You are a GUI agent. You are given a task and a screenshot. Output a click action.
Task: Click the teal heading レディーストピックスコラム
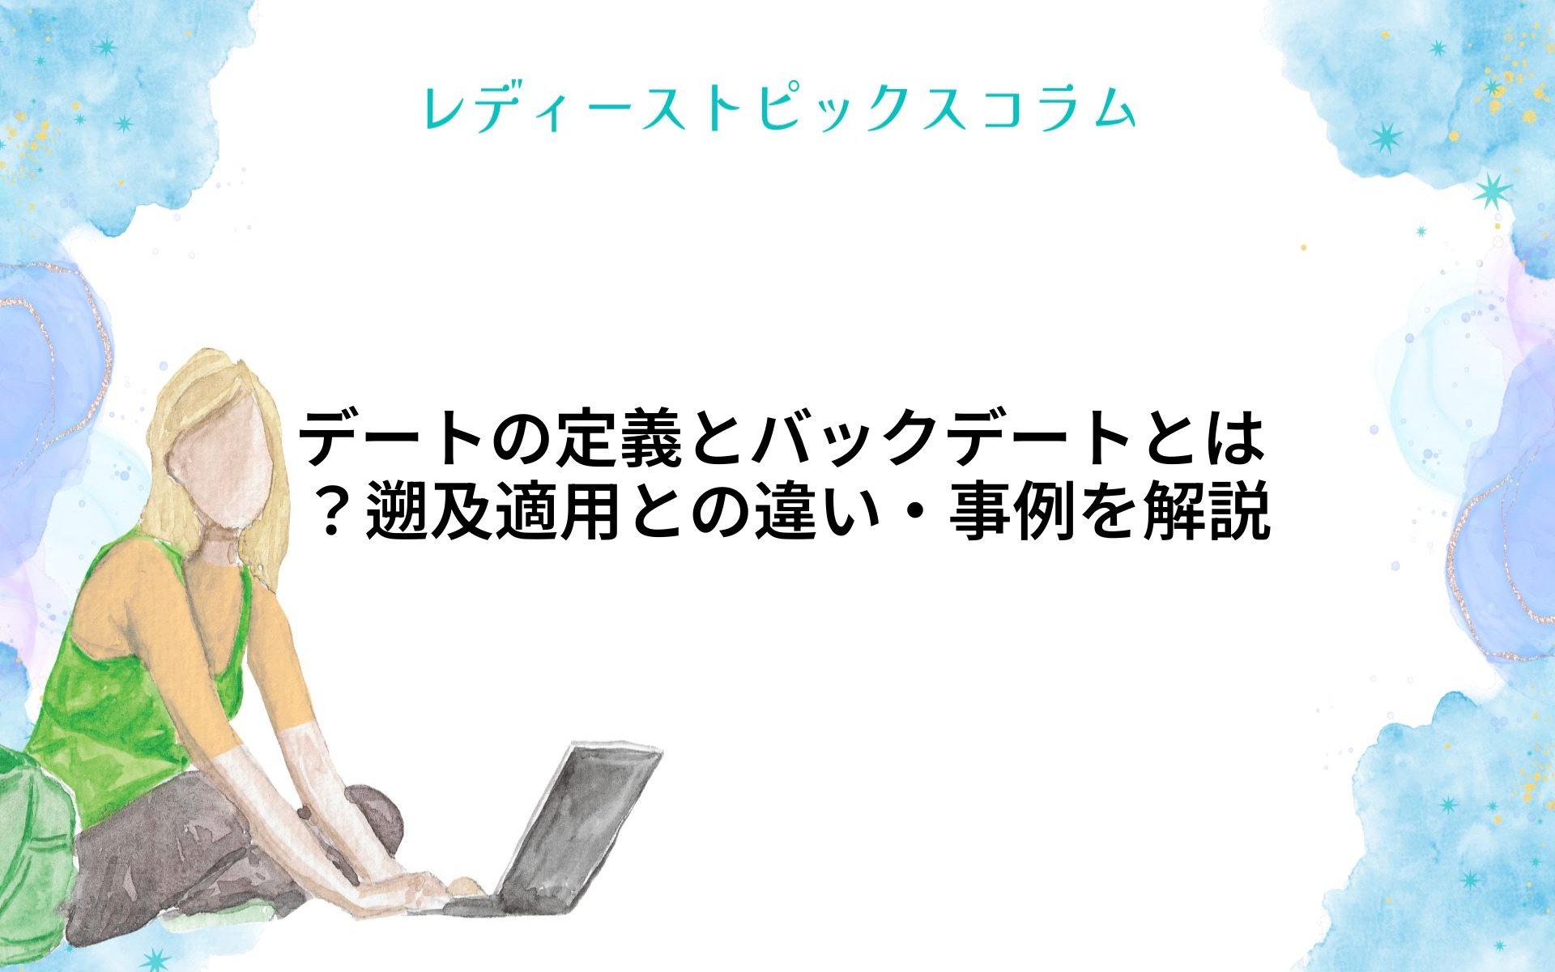point(779,109)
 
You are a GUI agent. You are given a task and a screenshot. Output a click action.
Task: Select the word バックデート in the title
point(943,439)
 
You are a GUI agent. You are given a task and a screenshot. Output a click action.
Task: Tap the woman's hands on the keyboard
point(421,887)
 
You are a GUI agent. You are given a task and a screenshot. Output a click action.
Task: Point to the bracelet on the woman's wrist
point(304,812)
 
